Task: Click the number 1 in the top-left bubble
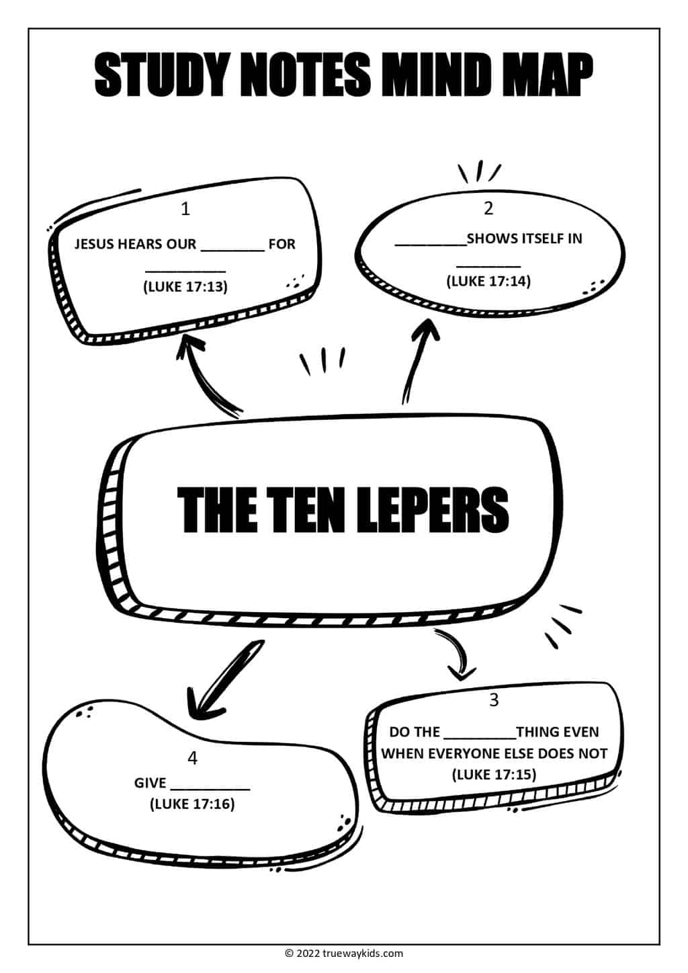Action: pyautogui.click(x=185, y=209)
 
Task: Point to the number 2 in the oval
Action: pyautogui.click(x=488, y=208)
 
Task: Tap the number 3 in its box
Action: pyautogui.click(x=494, y=700)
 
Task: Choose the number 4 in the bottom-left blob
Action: pyautogui.click(x=193, y=758)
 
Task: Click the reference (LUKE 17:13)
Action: pyautogui.click(x=185, y=287)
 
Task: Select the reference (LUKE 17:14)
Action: pyautogui.click(x=488, y=281)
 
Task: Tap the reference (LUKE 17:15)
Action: pyautogui.click(x=494, y=775)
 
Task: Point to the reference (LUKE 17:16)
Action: pyautogui.click(x=192, y=804)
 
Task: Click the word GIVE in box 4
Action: pyautogui.click(x=150, y=783)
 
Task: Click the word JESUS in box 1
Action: pyautogui.click(x=94, y=244)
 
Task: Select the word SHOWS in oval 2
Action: pyautogui.click(x=492, y=238)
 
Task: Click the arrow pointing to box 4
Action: pyautogui.click(x=222, y=679)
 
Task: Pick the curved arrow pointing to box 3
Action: pyautogui.click(x=457, y=655)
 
